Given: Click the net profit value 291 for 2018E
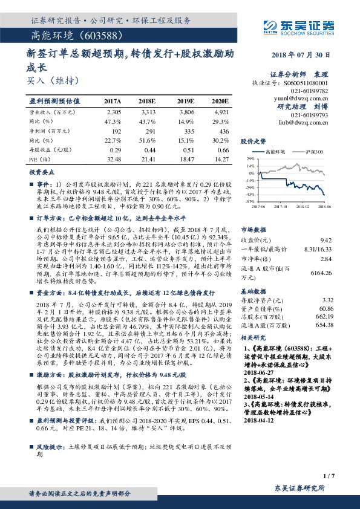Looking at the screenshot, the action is point(149,131).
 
